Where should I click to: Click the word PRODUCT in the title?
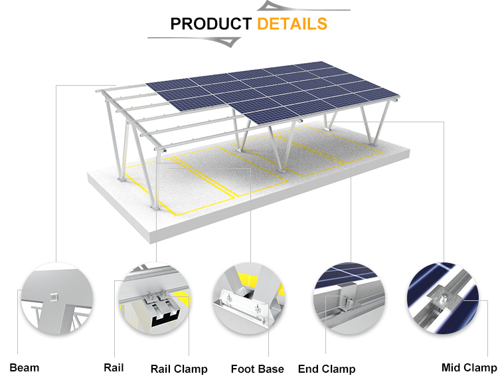[x=210, y=24]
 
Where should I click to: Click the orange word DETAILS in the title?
[x=292, y=24]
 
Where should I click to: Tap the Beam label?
[x=25, y=367]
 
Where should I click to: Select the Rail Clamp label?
[x=179, y=369]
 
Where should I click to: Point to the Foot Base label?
[x=257, y=369]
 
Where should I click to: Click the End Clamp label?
[x=326, y=369]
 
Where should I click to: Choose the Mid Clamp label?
[x=469, y=367]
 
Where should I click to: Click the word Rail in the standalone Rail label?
[x=114, y=367]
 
